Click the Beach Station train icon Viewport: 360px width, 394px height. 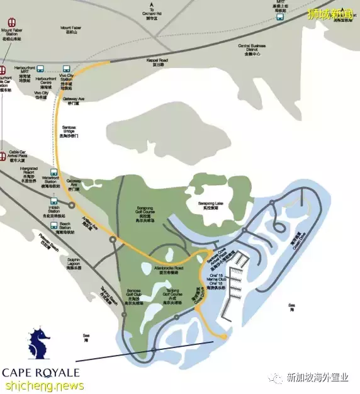point(55,221)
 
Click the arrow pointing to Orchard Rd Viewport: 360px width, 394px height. point(151,6)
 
